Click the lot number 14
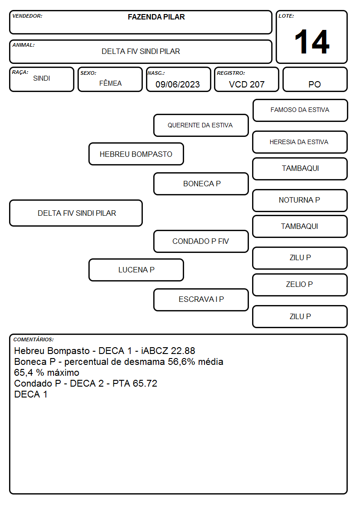[311, 42]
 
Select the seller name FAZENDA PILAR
[156, 17]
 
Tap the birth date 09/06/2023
[178, 84]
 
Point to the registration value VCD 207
[247, 84]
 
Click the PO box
[315, 80]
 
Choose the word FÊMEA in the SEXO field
[110, 83]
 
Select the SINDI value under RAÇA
[42, 78]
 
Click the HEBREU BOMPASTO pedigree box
[136, 154]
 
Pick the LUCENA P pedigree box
[136, 270]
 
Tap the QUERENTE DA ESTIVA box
[201, 125]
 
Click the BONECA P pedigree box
[201, 184]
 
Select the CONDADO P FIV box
[201, 242]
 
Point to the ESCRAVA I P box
[201, 300]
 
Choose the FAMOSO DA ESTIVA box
[300, 111]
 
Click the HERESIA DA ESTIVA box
[300, 142]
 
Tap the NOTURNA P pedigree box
[300, 200]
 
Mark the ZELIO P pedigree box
[300, 285]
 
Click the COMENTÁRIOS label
[34, 339]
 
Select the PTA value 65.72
[145, 383]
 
